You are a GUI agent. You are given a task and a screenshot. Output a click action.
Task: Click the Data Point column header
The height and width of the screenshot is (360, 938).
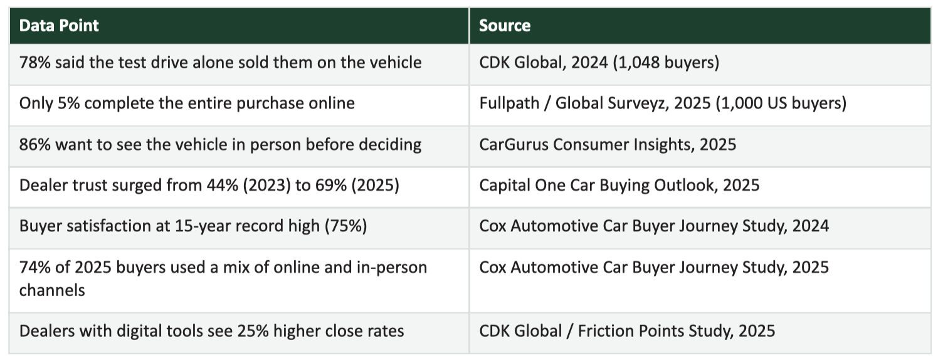tap(59, 26)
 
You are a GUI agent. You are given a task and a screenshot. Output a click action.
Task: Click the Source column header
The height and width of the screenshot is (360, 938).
tap(505, 26)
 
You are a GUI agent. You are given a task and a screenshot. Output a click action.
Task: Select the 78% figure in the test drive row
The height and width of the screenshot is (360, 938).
tap(34, 63)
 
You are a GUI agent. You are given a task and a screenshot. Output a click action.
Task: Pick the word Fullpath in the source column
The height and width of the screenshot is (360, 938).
tap(509, 103)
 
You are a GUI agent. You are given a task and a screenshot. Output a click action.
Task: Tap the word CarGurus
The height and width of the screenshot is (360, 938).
tap(514, 145)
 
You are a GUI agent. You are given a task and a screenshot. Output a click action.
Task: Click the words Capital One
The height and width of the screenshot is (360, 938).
tap(522, 185)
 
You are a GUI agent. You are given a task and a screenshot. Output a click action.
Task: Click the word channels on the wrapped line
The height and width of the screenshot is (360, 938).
tap(52, 290)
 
